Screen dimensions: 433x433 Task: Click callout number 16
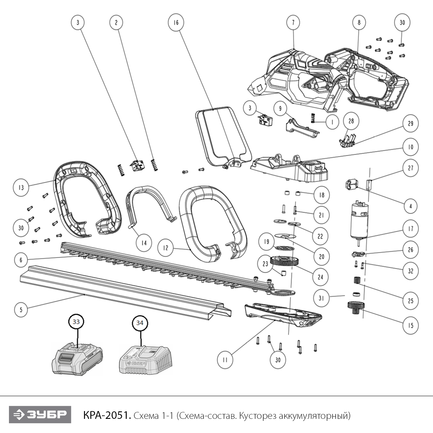(x=176, y=23)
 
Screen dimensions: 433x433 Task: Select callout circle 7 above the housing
(x=293, y=23)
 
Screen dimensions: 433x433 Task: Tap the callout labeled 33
(x=76, y=322)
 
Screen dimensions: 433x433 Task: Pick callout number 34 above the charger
(x=140, y=323)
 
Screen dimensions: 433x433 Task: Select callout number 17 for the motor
(x=410, y=229)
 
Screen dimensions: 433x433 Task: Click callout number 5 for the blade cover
(x=21, y=310)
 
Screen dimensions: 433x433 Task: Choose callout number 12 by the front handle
(x=165, y=248)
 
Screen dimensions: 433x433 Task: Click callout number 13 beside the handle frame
(x=21, y=188)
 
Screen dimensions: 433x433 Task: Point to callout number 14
(x=144, y=243)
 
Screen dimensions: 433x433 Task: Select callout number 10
(x=410, y=147)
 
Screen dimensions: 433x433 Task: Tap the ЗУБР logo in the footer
(x=40, y=415)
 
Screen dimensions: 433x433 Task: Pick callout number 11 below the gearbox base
(x=225, y=360)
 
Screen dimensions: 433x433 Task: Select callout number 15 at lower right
(x=410, y=326)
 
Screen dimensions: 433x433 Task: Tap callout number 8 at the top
(x=359, y=23)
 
